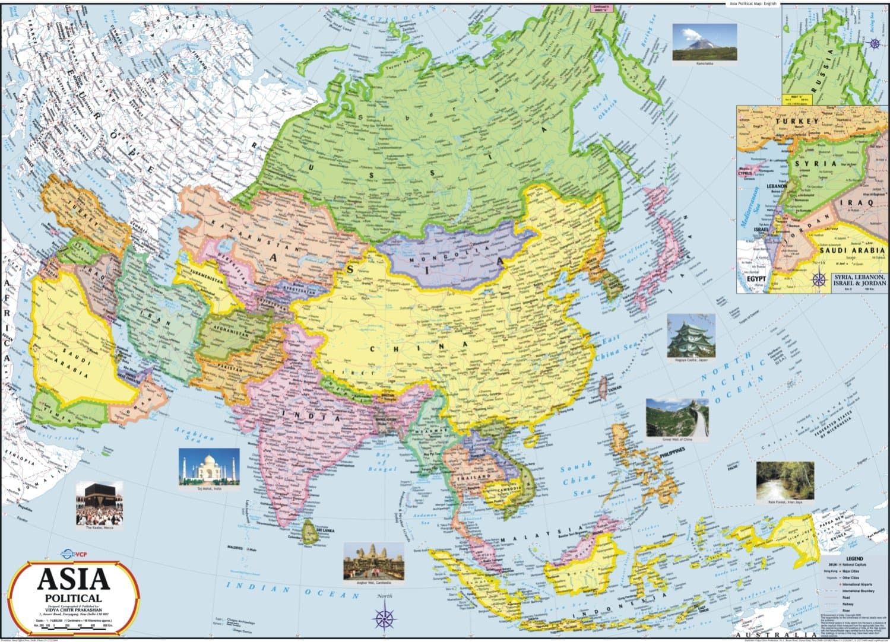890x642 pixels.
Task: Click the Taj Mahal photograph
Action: [x=209, y=466]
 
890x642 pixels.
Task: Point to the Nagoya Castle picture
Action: [x=691, y=335]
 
